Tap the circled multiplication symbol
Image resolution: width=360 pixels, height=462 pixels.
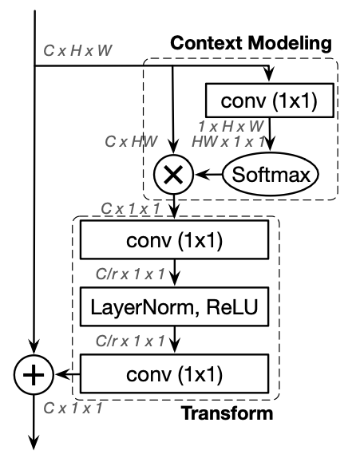click(174, 174)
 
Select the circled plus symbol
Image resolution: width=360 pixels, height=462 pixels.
click(34, 374)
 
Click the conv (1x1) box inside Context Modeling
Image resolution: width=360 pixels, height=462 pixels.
click(270, 101)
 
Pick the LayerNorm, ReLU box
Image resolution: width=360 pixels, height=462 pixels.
click(175, 306)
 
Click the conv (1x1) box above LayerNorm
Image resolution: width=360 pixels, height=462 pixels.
click(175, 240)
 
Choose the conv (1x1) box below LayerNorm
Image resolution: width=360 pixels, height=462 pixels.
click(175, 373)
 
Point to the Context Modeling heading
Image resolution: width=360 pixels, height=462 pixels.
click(251, 43)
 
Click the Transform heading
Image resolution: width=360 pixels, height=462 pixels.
click(227, 413)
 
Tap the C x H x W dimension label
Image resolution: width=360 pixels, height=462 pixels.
click(77, 51)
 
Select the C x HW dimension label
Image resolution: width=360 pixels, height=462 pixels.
click(131, 141)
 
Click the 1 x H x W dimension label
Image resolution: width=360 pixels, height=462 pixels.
click(231, 127)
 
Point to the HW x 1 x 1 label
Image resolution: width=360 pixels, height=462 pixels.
click(228, 142)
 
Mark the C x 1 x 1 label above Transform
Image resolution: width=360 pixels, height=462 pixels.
click(131, 208)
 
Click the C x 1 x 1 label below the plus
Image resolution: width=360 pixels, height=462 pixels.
click(73, 409)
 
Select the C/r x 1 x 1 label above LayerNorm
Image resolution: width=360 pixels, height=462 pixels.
click(130, 274)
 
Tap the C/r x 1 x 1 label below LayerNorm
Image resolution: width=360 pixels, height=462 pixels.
click(130, 342)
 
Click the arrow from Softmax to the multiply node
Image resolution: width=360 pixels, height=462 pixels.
click(209, 175)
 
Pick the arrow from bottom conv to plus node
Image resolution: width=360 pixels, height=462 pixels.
click(67, 374)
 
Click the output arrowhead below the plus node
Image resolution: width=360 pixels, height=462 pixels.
click(34, 442)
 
